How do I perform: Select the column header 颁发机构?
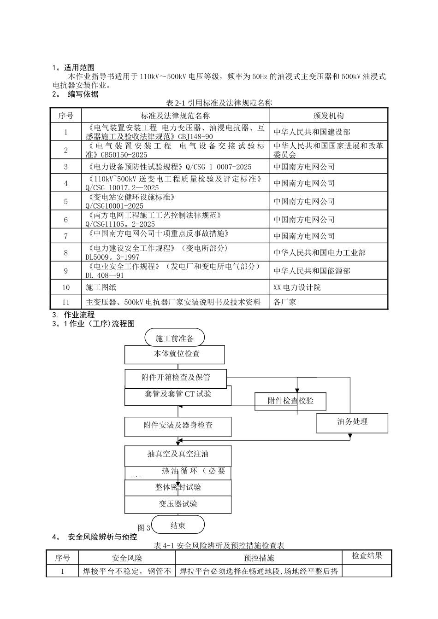(x=328, y=116)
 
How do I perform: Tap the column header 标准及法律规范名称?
(x=175, y=116)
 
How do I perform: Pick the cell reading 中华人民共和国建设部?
(x=312, y=132)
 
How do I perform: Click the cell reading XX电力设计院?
(x=297, y=287)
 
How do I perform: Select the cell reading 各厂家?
(x=285, y=302)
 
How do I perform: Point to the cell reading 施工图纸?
(x=101, y=287)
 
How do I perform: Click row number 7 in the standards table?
(x=65, y=236)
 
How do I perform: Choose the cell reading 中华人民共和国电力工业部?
(x=320, y=253)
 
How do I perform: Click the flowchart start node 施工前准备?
(x=175, y=339)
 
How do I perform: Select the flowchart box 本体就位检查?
(x=175, y=354)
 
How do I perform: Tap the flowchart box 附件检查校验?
(x=290, y=401)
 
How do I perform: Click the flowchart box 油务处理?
(x=352, y=422)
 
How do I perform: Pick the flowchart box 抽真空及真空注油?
(x=178, y=454)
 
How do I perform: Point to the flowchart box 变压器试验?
(x=178, y=504)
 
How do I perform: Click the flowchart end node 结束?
(x=178, y=526)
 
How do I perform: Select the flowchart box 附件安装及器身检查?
(x=178, y=426)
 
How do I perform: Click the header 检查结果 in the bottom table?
(x=367, y=556)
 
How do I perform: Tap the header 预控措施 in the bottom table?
(x=259, y=558)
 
